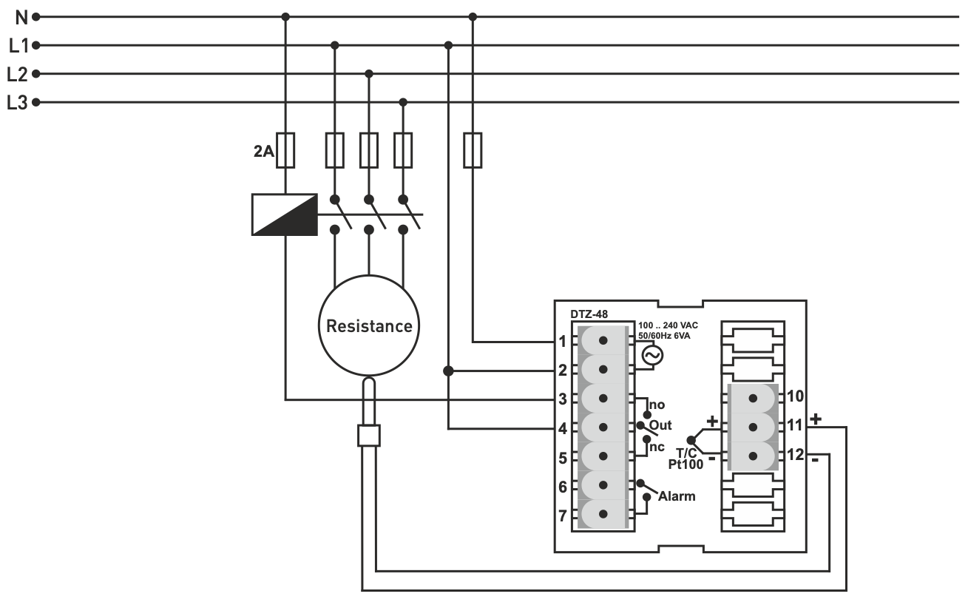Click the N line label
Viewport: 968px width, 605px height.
[20, 16]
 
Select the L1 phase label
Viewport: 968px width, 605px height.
[18, 46]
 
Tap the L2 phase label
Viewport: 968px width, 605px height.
[18, 74]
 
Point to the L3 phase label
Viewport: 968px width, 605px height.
[18, 103]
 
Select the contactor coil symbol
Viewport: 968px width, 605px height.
[285, 214]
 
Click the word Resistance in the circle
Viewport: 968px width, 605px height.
[369, 326]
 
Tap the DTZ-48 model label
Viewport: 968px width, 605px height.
[589, 314]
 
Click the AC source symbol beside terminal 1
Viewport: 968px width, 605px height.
[651, 356]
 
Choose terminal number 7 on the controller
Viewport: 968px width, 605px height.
[563, 516]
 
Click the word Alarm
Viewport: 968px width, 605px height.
[677, 496]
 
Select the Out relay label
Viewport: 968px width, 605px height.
[660, 426]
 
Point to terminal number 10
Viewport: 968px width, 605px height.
[795, 396]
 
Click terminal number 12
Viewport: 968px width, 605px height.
[795, 454]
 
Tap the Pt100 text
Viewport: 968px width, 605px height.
[685, 464]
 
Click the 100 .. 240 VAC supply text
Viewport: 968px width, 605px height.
[668, 325]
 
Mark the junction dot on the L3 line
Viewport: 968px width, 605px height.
[403, 102]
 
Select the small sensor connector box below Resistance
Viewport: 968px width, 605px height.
[368, 436]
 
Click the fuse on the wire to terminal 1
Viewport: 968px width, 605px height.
[473, 150]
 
